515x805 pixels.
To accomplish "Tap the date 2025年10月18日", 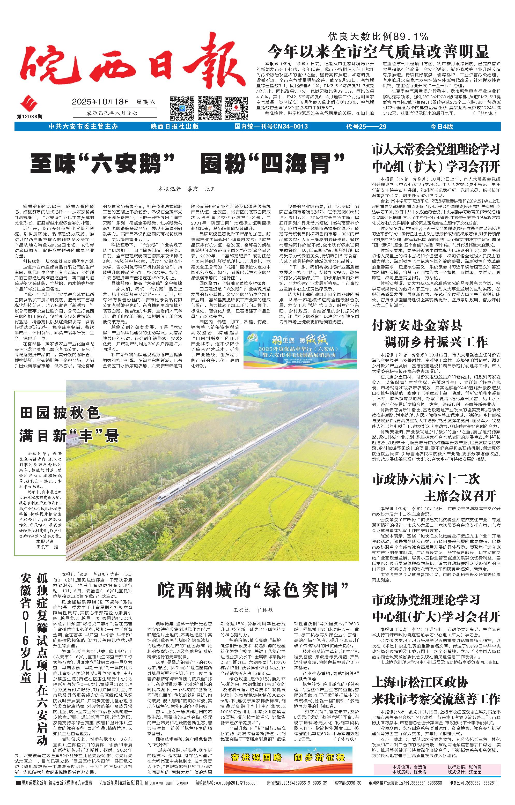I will click(100, 101).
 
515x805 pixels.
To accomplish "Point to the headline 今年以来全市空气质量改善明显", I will click(379, 52).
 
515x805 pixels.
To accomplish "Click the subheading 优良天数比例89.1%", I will click(378, 36).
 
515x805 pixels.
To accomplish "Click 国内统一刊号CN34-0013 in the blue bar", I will click(271, 126).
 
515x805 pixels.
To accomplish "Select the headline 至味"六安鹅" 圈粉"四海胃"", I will click(187, 163).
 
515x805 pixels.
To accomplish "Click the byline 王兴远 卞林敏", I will click(253, 609).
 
